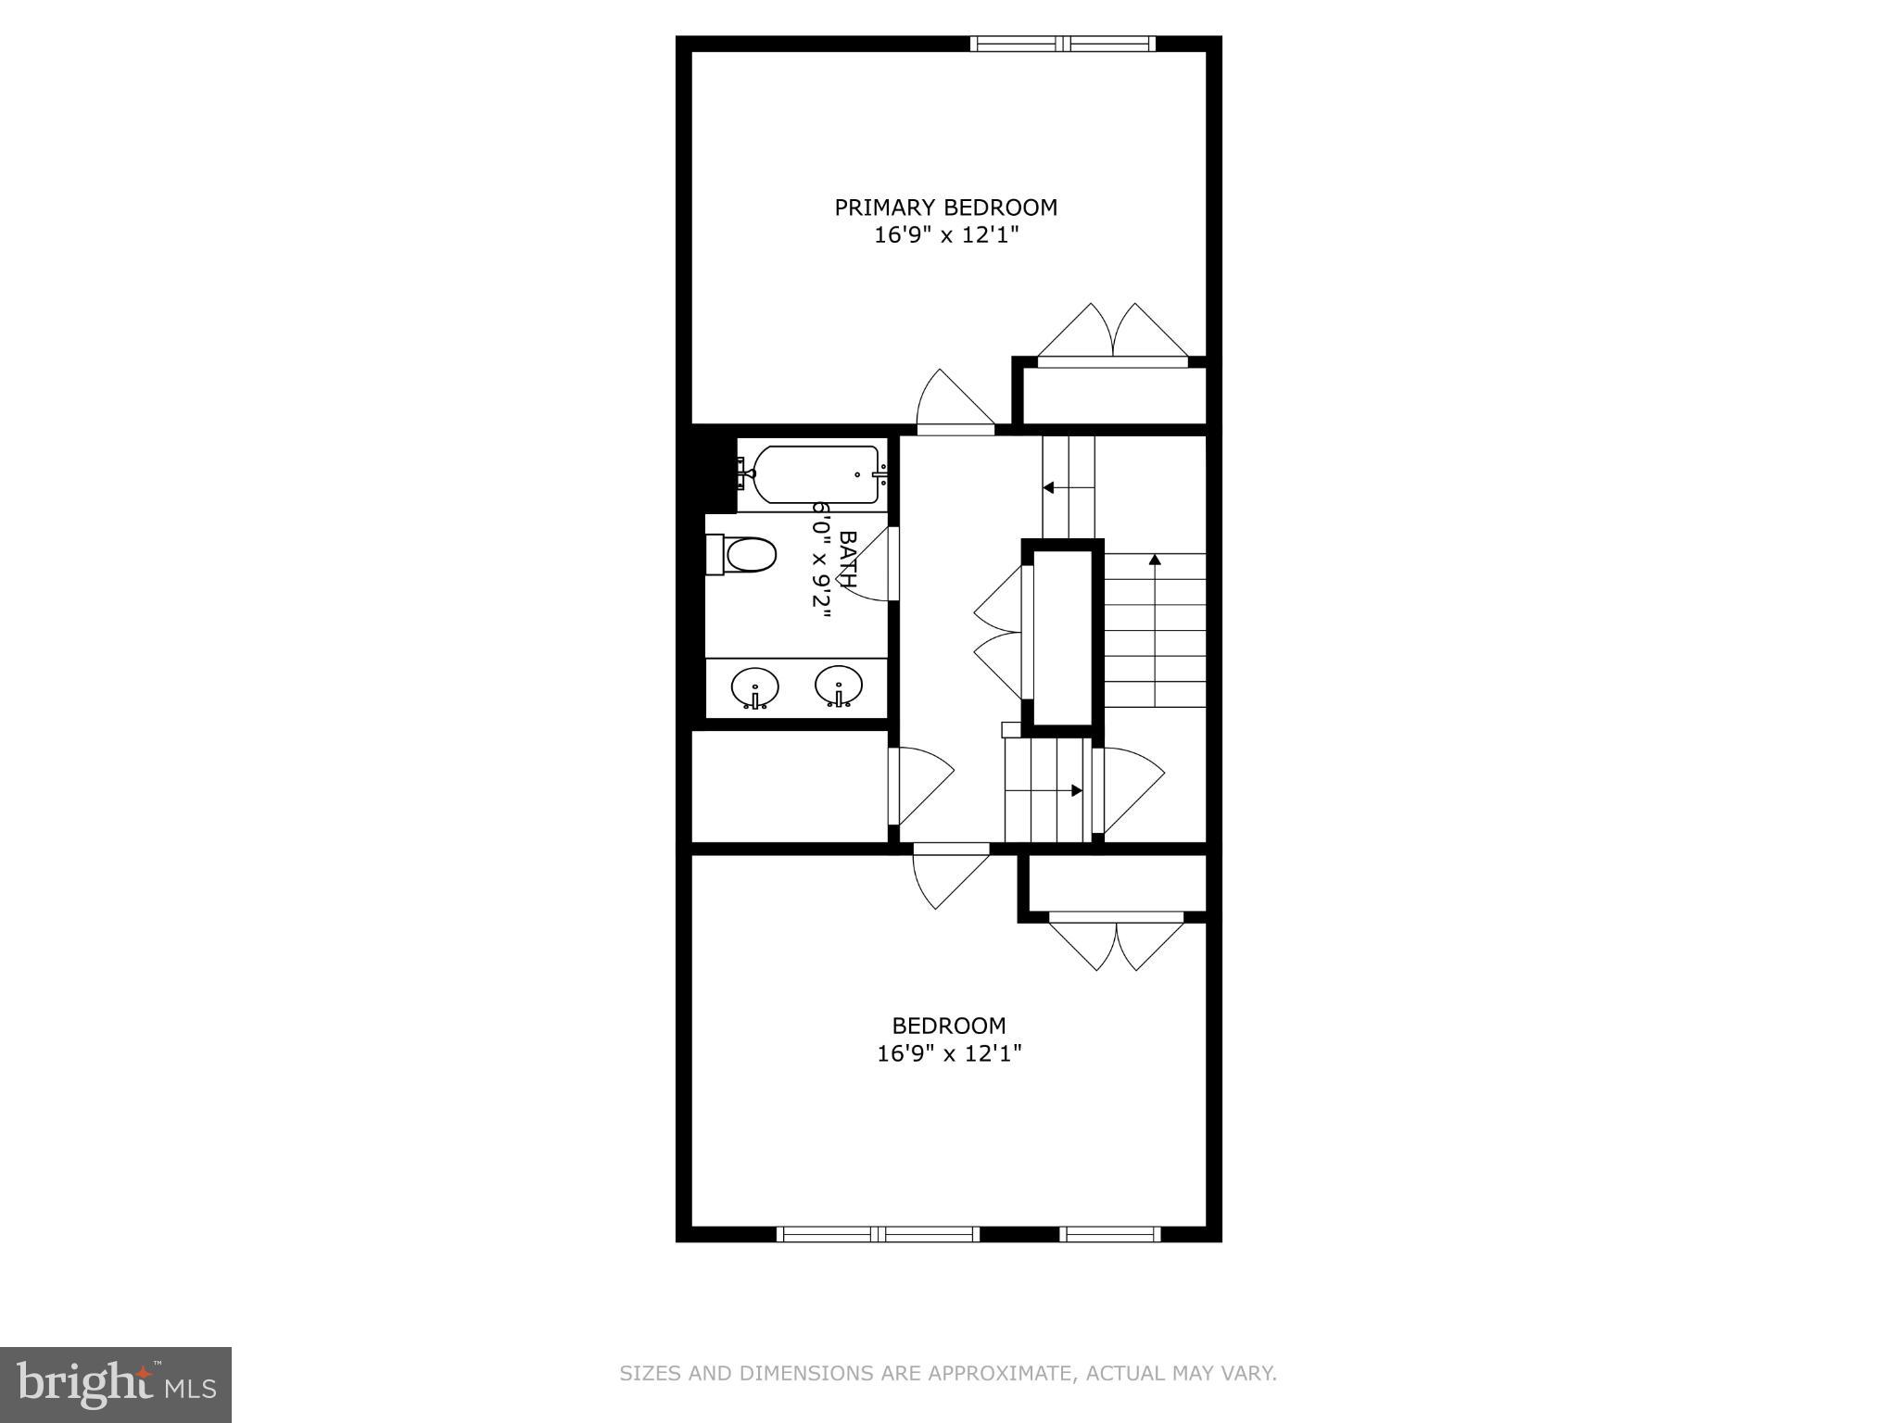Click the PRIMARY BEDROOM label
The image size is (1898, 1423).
945,208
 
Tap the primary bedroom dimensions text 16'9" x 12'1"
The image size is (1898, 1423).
945,235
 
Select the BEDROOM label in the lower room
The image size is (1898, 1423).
948,1026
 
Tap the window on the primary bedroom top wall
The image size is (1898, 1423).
1063,44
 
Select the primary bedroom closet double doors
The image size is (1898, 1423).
1112,335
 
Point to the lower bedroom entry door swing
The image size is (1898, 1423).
947,875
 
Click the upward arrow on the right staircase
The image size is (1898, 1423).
1155,560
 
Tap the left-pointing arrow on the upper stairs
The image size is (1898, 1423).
1049,487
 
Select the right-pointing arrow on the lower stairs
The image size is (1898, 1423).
1076,790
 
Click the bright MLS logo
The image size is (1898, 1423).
116,1384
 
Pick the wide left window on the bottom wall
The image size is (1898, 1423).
878,1234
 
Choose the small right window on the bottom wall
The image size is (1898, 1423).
1109,1234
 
